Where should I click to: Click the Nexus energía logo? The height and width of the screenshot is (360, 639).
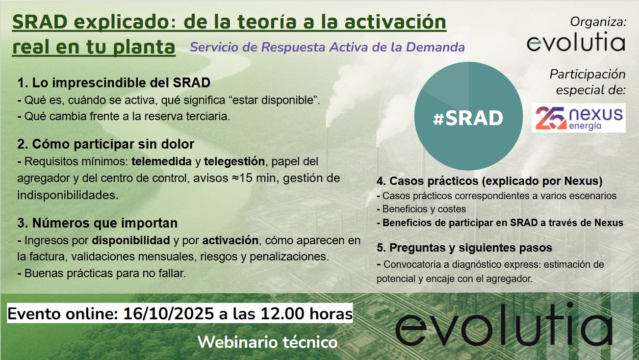(579, 118)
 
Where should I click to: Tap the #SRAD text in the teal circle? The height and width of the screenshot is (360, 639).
(468, 118)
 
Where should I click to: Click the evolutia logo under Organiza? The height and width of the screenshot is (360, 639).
(576, 42)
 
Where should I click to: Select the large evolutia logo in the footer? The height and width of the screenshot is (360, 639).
(504, 325)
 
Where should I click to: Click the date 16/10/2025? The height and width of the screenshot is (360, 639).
(169, 313)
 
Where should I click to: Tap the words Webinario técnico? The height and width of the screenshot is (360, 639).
(267, 342)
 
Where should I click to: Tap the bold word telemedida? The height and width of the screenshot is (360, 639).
(161, 161)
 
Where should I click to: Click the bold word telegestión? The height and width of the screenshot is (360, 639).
(234, 161)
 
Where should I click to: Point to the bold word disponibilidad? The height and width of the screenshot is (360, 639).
(131, 240)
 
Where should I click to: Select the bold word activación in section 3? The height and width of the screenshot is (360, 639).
(230, 240)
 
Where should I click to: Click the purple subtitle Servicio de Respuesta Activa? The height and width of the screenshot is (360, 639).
(327, 47)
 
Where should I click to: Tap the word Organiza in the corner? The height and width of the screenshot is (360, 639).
(598, 22)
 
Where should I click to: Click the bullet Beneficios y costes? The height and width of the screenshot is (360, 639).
(421, 209)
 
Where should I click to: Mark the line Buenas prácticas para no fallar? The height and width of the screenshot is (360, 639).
(102, 273)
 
